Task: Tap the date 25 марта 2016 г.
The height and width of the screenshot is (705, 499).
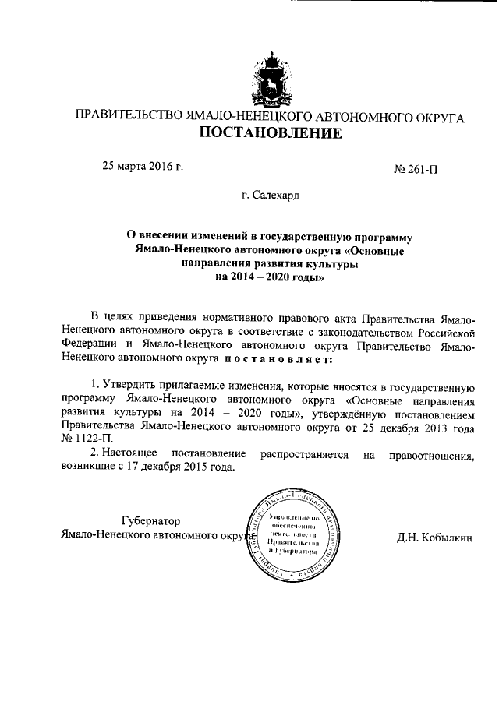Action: point(143,165)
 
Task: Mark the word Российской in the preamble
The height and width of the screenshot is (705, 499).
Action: point(444,333)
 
